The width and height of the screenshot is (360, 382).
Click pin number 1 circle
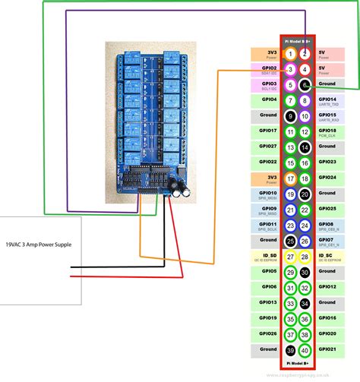coord(290,54)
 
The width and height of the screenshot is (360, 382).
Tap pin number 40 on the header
coord(305,350)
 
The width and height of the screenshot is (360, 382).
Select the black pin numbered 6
coord(305,85)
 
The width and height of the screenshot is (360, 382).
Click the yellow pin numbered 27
coord(290,257)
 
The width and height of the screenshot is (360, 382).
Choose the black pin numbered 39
coord(290,350)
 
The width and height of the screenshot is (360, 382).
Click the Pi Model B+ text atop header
coord(297,39)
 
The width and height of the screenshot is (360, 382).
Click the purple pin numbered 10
coord(305,116)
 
